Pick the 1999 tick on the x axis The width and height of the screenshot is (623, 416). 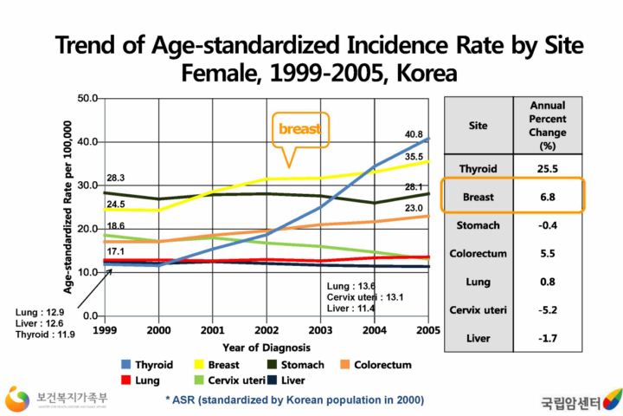104,331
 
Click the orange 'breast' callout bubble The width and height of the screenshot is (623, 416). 299,129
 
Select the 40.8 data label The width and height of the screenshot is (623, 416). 414,135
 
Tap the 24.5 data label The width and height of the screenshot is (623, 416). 116,204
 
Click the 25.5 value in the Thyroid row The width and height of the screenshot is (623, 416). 547,167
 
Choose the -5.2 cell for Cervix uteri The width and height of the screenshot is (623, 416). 547,309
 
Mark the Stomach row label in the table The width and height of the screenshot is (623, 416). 478,225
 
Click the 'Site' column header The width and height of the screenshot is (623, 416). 478,125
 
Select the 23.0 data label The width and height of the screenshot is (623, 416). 414,208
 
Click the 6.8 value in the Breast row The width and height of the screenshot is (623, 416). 547,197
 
